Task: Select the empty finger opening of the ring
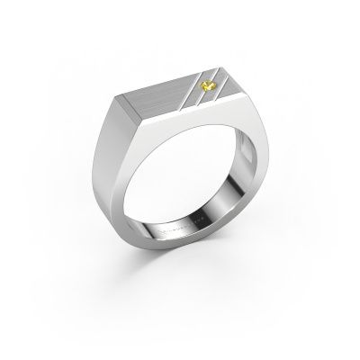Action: coord(180,193)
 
